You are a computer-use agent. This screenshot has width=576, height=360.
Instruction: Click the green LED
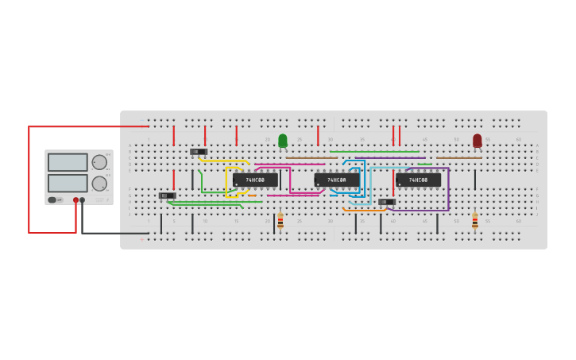pos(283,141)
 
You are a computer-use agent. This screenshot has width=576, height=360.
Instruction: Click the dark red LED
pos(477,141)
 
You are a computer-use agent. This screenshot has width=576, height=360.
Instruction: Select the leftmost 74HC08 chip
pos(255,180)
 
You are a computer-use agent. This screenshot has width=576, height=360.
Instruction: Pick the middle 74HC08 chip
pos(337,180)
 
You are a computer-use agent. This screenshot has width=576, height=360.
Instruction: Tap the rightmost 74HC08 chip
pos(418,180)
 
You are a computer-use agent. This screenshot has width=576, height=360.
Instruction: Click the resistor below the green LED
pos(280,220)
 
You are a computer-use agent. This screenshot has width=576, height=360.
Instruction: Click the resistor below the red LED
pos(475,220)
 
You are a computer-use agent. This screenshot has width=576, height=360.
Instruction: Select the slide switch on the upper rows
pos(199,152)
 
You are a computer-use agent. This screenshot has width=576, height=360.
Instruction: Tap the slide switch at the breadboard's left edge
pos(167,195)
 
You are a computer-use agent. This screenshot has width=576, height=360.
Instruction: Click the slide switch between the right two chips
pos(387,202)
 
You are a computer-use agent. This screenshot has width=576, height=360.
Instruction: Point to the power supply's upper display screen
pos(68,162)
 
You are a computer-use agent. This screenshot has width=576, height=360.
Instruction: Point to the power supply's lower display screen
pos(68,183)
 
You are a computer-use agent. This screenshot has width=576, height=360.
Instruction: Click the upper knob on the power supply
pos(99,162)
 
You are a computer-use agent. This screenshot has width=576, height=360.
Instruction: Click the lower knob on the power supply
pos(99,184)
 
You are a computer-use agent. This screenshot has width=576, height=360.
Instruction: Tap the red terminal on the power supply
pos(76,200)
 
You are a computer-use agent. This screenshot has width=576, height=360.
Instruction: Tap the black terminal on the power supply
pos(83,200)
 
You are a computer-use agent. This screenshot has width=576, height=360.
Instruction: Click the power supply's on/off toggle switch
pos(52,200)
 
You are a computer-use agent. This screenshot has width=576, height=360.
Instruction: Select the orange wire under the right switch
pos(365,210)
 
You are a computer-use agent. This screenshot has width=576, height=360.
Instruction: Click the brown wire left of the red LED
pos(458,157)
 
